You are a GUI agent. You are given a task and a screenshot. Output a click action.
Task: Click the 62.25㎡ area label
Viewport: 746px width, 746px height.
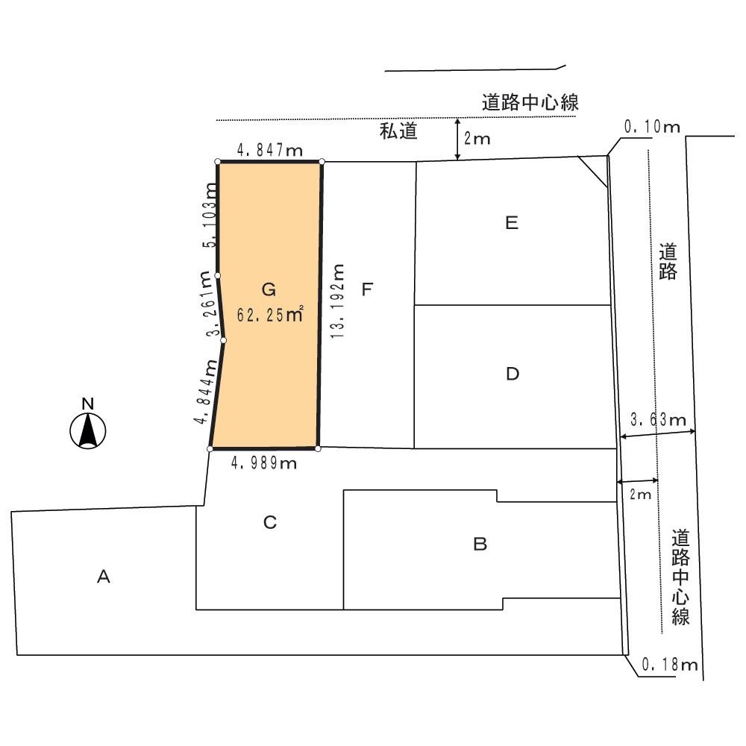coord(269,315)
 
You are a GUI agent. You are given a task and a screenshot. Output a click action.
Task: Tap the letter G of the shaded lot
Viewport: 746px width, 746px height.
coord(269,289)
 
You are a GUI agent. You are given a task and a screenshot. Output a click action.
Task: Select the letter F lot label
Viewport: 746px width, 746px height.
coord(367,289)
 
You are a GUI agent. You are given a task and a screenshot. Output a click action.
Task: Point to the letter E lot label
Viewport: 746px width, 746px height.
coord(511,223)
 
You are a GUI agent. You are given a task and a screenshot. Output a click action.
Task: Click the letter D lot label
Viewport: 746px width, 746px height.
coord(512,374)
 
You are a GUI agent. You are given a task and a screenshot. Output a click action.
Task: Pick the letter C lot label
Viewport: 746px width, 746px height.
coord(270,523)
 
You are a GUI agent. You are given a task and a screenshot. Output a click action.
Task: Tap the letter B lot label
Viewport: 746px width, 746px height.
coord(480,544)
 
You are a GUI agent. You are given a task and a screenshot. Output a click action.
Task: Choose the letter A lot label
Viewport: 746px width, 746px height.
coord(104,576)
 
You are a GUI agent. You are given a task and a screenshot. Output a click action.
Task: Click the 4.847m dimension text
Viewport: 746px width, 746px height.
coord(270,151)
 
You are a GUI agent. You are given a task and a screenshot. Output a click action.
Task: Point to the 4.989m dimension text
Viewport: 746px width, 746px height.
coord(265,463)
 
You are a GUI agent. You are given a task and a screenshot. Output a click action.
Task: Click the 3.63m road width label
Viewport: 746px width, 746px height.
coord(658,421)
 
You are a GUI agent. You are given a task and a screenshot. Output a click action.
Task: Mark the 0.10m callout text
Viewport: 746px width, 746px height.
coord(652,127)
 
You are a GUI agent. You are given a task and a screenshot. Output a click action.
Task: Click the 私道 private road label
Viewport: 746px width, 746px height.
coord(397,133)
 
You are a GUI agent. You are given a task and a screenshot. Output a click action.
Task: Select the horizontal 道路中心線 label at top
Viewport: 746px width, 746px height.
coord(530,103)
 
